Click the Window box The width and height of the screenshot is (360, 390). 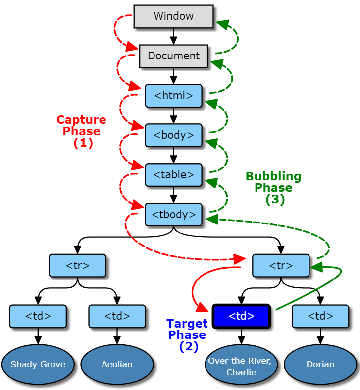(173, 16)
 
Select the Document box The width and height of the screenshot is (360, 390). (173, 56)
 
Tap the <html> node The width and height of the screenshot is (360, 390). (173, 96)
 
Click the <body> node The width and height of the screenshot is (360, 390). (173, 135)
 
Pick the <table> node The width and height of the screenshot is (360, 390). (173, 175)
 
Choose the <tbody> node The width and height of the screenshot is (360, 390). (173, 215)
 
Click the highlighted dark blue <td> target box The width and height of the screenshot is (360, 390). (241, 316)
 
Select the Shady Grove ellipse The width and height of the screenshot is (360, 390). (38, 364)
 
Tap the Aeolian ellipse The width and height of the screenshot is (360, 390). (117, 364)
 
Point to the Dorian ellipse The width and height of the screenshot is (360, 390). (320, 364)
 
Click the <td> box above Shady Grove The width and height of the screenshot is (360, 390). (38, 316)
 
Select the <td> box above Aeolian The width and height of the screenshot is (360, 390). (117, 316)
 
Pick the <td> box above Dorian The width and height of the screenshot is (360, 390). (320, 316)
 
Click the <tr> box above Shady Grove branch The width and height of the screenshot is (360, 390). (78, 265)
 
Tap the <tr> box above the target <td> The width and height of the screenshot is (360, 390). (281, 265)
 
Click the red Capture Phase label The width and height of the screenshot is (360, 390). (82, 131)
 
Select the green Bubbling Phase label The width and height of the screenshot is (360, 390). (273, 188)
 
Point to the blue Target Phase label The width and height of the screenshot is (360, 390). (187, 335)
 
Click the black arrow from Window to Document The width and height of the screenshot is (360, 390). (173, 36)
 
